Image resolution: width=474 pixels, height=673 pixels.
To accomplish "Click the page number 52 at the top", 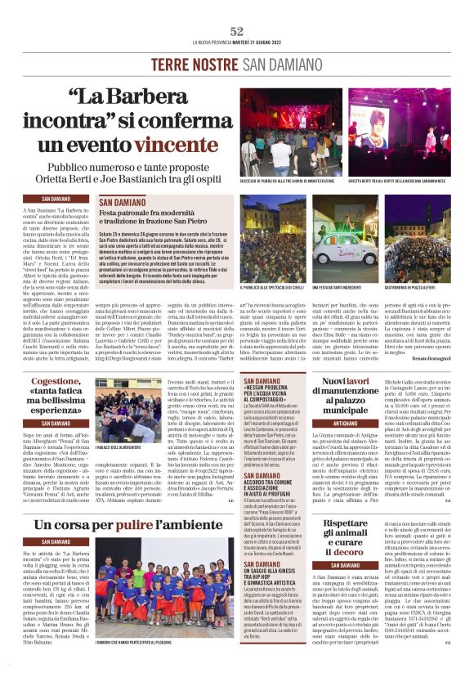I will click(237, 31).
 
